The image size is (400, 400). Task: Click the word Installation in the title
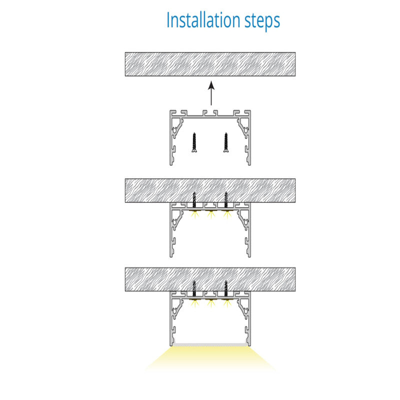(203, 20)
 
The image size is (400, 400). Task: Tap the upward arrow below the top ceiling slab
(211, 93)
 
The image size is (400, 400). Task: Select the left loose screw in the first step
(194, 142)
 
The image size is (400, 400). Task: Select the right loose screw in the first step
(226, 142)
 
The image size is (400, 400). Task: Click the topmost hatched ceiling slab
(210, 64)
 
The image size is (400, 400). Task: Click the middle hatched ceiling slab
(210, 190)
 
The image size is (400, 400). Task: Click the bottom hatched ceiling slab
(210, 279)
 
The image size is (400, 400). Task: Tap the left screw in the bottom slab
(194, 290)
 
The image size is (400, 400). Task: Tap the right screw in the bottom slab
(226, 290)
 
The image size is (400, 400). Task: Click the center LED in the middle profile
(210, 214)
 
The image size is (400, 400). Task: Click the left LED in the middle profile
(194, 214)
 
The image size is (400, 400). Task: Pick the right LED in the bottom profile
(226, 303)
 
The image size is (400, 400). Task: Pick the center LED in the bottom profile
(210, 303)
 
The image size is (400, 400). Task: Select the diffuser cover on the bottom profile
(210, 344)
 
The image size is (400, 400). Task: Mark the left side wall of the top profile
(171, 138)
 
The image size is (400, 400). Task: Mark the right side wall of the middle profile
(249, 229)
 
